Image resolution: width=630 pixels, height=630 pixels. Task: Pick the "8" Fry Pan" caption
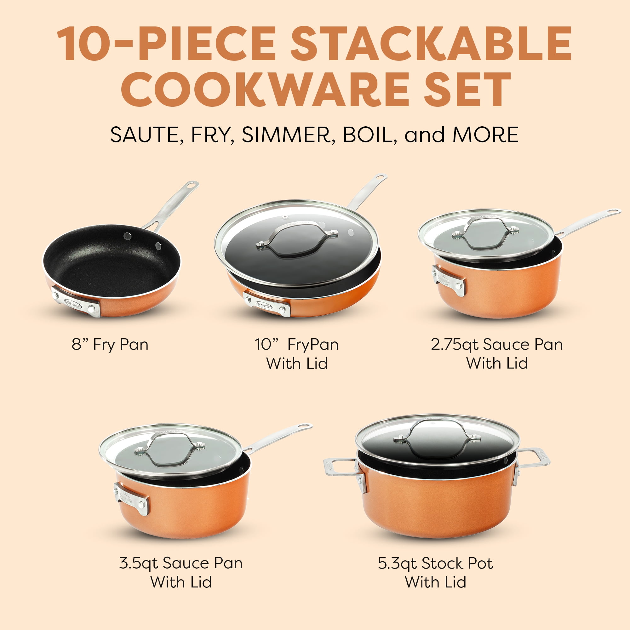click(110, 345)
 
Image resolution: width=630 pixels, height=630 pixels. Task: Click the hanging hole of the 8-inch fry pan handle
click(192, 185)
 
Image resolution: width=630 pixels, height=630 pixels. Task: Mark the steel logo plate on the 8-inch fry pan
click(76, 302)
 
